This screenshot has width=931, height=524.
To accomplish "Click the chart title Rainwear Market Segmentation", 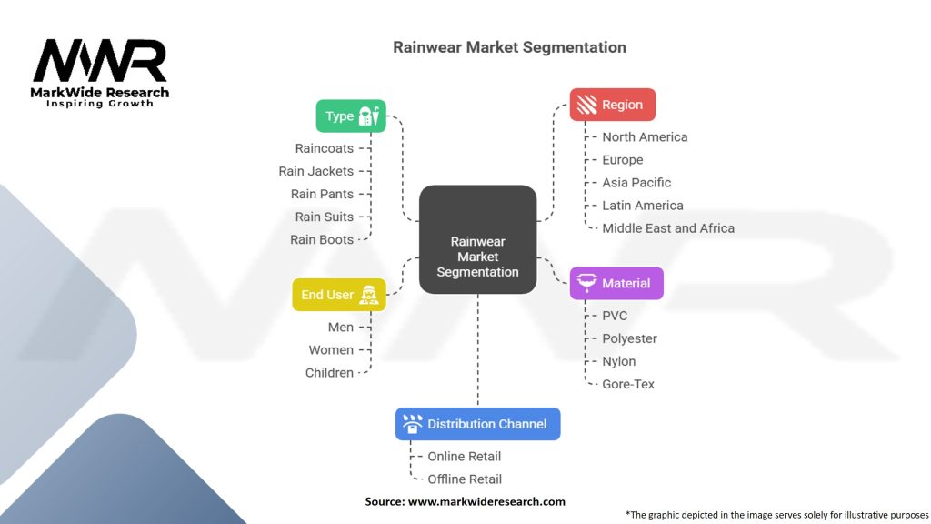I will [x=509, y=47].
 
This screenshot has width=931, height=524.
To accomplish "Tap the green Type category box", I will [x=351, y=116].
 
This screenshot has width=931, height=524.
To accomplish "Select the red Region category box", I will [x=612, y=105].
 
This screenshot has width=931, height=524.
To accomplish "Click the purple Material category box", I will [x=616, y=283].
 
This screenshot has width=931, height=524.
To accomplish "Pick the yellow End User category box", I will [x=338, y=295].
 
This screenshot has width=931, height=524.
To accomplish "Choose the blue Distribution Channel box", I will [x=477, y=424].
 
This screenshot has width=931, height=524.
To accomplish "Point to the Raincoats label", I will [x=324, y=148].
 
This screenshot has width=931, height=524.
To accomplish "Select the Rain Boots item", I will [x=322, y=239].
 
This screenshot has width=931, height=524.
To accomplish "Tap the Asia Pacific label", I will [x=636, y=183].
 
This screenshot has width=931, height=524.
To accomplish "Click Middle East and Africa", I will [x=668, y=228].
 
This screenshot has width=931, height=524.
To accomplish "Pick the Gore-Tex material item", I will [x=628, y=384].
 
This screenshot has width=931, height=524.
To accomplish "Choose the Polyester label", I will [x=629, y=338].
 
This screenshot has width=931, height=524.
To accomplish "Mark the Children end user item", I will [x=329, y=372].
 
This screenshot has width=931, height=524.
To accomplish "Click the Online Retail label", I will [x=464, y=457].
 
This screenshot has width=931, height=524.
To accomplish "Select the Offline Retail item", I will [x=465, y=479].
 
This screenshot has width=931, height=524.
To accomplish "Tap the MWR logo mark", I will [x=100, y=61].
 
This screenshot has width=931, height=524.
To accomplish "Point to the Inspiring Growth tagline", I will [x=100, y=104].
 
